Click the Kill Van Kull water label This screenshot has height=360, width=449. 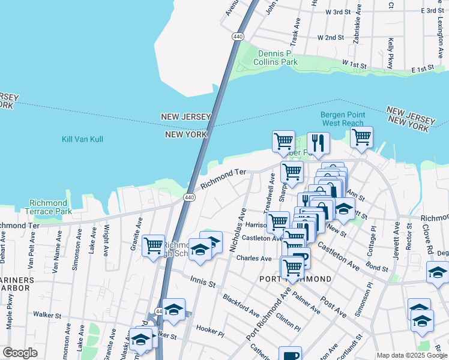pos(82,139)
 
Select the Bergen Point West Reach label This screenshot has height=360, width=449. pos(342,119)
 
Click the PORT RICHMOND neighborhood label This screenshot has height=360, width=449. pos(295,280)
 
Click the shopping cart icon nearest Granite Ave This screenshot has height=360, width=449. pos(154,245)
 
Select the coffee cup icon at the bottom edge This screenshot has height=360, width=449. pos(290,354)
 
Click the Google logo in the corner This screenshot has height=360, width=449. pos(20,353)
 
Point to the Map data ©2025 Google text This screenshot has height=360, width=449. pos(411,355)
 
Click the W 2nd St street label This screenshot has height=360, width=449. pos(339,37)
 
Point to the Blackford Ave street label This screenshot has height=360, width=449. pos(241,305)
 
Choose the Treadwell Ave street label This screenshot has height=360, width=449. pos(270,192)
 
